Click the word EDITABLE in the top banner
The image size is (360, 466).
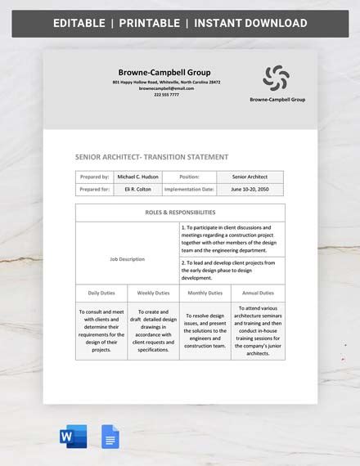pos(80,23)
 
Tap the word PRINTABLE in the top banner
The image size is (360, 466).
pos(149,23)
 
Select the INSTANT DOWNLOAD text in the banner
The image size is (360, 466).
pos(250,23)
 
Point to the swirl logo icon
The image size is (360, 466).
pos(276,78)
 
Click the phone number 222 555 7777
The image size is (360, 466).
pos(166,94)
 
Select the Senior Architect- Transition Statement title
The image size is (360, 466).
pos(151,157)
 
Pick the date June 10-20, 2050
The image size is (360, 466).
pos(250,189)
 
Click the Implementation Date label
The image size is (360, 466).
pos(189,189)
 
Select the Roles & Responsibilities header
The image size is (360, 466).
pos(180,212)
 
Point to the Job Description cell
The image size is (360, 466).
pos(127,259)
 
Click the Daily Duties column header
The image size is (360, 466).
pos(101,293)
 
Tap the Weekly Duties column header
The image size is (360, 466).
pos(153,293)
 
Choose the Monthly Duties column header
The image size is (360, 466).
pos(205,293)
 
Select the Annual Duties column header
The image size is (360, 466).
pos(258,293)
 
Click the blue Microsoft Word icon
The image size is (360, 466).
pos(73,437)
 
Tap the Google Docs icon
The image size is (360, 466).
pos(110,437)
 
